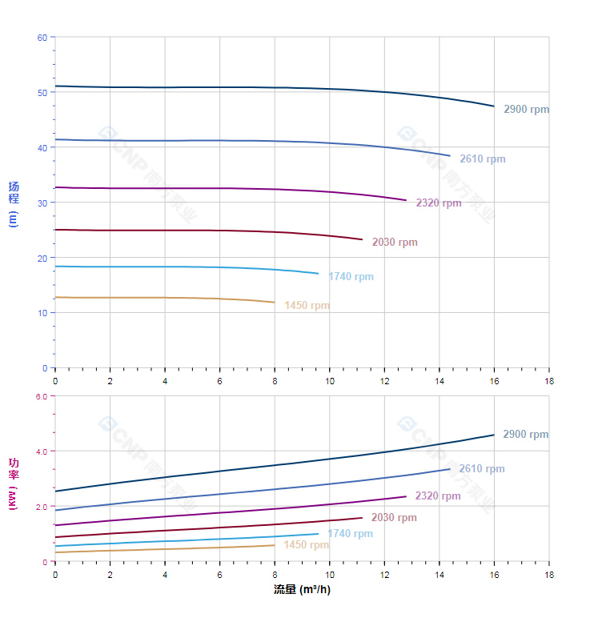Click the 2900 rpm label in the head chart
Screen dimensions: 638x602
tap(526, 110)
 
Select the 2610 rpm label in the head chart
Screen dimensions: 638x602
tap(482, 159)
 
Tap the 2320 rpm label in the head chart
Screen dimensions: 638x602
tap(438, 203)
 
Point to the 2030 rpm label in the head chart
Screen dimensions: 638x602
tap(394, 243)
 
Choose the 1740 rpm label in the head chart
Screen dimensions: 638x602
tap(350, 277)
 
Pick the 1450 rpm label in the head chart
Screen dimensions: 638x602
tap(306, 306)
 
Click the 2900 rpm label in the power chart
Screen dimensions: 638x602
tap(525, 435)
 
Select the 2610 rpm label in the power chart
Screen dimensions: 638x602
tap(481, 469)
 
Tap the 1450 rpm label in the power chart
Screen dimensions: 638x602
tap(306, 545)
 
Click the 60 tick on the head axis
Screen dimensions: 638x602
tap(42, 38)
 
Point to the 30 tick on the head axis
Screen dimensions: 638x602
tap(42, 203)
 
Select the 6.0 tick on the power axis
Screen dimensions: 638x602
tap(42, 396)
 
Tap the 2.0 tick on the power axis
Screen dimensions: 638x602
tap(42, 507)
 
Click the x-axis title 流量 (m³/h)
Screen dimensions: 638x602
tap(302, 590)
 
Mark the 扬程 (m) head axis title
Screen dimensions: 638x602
tap(14, 204)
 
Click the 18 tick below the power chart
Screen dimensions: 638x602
tap(549, 575)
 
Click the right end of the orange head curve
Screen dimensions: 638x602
tap(275, 303)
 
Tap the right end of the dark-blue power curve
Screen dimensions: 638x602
tap(494, 435)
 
